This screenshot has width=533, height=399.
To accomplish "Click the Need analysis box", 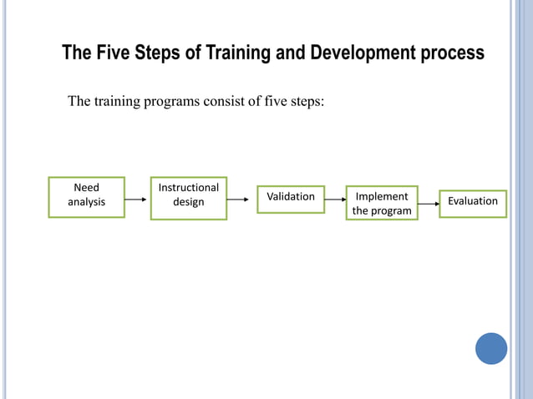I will (x=86, y=197).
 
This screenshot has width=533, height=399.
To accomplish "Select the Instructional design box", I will (x=188, y=198).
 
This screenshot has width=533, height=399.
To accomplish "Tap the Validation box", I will (x=290, y=198).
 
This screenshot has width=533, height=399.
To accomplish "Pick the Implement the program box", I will (x=382, y=204).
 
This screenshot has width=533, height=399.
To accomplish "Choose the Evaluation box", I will (x=472, y=202).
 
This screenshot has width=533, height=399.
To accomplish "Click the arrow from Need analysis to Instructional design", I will (x=137, y=199).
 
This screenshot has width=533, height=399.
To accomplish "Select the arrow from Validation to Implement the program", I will (x=335, y=199).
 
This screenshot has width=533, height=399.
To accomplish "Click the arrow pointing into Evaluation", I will (x=428, y=203).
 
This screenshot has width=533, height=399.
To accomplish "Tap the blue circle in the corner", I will (x=491, y=348).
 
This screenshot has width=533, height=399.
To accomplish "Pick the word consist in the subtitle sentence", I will (x=226, y=103).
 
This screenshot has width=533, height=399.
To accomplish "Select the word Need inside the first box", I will (x=86, y=189).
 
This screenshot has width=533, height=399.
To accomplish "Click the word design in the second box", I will (x=188, y=203).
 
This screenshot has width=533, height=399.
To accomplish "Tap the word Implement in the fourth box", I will (x=382, y=197).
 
